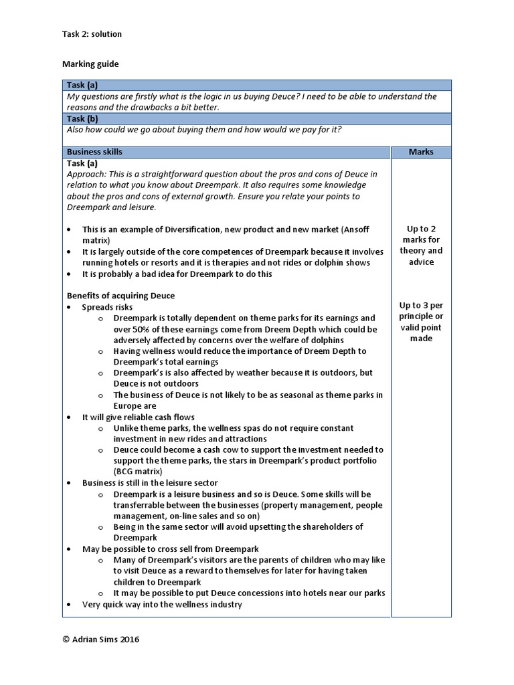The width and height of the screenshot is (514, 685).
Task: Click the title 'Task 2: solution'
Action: pyautogui.click(x=92, y=34)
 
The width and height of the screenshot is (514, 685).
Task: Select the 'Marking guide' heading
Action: pyautogui.click(x=90, y=64)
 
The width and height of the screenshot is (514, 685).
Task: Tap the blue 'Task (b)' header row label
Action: pyautogui.click(x=82, y=118)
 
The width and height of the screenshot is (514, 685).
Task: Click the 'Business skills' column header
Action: pyautogui.click(x=94, y=152)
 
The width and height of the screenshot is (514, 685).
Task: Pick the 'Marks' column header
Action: pyautogui.click(x=421, y=152)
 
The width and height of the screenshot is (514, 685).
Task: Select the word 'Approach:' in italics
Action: pyautogui.click(x=86, y=174)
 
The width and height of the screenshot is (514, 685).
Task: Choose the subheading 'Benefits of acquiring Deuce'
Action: pyautogui.click(x=120, y=296)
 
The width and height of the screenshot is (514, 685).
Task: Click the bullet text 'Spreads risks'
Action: pyautogui.click(x=107, y=307)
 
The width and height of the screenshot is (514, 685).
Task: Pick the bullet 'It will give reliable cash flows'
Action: pyautogui.click(x=138, y=417)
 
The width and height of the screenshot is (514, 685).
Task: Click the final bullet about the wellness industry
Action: pyautogui.click(x=162, y=604)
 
